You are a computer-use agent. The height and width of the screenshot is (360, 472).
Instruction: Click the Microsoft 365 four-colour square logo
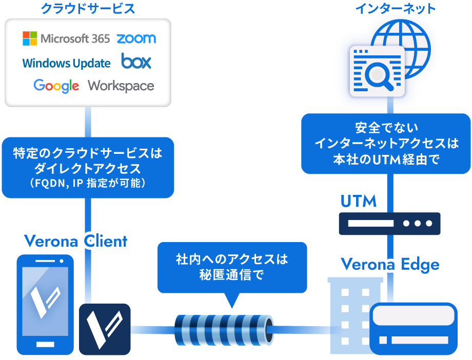[30, 38]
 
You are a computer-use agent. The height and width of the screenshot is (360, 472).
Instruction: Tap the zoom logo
[136, 38]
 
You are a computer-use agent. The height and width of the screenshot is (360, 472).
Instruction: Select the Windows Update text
[66, 63]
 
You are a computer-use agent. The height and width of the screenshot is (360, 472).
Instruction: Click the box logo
[136, 62]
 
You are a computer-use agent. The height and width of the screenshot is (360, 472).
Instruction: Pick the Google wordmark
[56, 86]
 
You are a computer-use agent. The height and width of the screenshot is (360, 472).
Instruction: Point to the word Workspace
[121, 86]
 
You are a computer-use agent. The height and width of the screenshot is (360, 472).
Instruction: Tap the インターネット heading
[395, 8]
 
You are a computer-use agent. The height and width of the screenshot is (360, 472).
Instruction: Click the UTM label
[359, 201]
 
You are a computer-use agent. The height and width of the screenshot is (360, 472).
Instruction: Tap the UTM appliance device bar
[389, 224]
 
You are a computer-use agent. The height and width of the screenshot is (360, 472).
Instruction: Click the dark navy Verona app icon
[105, 329]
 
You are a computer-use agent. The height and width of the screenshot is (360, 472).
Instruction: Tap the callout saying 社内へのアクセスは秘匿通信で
[231, 267]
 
